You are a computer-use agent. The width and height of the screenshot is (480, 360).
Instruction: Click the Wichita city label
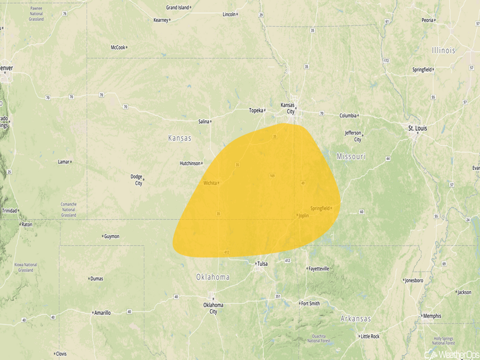210,183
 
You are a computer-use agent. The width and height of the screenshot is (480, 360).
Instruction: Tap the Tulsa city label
262,263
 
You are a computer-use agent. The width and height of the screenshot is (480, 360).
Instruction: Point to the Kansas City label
287,108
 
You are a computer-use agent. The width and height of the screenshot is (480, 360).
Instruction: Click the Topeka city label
256,110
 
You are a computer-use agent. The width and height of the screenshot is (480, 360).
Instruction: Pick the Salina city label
203,122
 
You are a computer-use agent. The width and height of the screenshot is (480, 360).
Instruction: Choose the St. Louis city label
417,128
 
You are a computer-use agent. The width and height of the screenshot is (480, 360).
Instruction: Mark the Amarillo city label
102,313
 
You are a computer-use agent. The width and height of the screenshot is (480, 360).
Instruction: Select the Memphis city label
432,316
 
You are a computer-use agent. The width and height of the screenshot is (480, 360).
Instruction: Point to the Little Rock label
370,337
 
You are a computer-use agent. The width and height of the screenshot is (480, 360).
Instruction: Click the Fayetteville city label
319,269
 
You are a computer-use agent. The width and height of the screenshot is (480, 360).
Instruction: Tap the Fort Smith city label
310,303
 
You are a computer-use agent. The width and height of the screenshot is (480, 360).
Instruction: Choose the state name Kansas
180,138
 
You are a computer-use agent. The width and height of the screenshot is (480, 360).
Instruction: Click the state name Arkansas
355,319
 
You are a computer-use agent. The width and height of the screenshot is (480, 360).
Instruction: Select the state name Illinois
443,51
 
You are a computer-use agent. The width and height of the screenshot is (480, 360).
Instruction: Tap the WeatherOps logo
451,354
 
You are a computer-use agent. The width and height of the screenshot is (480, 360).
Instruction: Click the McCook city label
118,47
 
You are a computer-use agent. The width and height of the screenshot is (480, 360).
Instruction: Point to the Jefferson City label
353,136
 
